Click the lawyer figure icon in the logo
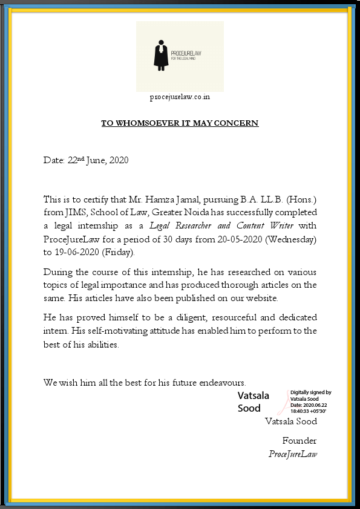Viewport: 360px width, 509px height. pyautogui.click(x=160, y=55)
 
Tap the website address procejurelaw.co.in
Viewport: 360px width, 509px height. pyautogui.click(x=180, y=97)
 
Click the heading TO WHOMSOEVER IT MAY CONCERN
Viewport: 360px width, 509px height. pyautogui.click(x=180, y=123)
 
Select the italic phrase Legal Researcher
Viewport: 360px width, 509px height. pyautogui.click(x=180, y=226)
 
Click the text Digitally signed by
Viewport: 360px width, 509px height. pyautogui.click(x=311, y=392)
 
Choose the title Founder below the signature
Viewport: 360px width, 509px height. pyautogui.click(x=299, y=441)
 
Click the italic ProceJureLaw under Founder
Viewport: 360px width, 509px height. pyautogui.click(x=293, y=454)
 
